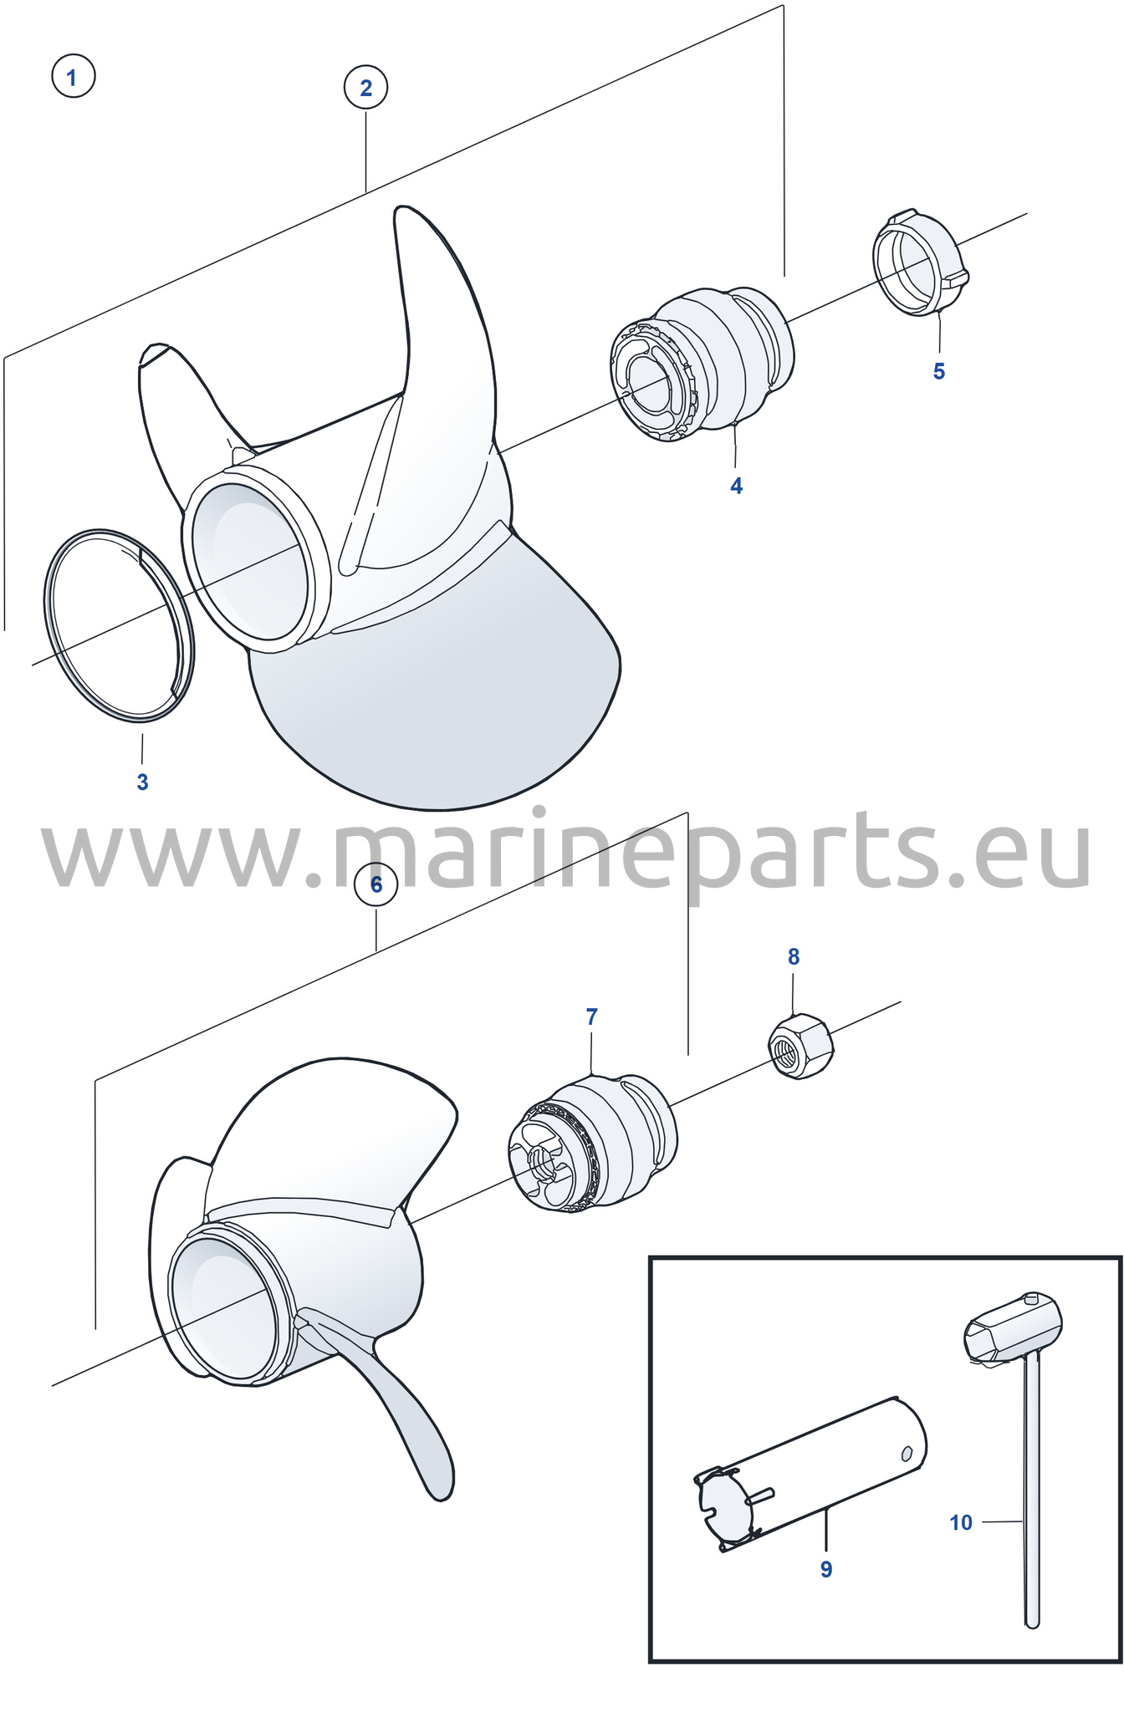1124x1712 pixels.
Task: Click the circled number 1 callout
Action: tap(73, 77)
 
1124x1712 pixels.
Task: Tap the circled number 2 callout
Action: tap(365, 88)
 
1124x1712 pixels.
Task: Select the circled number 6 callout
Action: tap(376, 884)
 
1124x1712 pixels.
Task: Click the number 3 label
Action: tap(142, 782)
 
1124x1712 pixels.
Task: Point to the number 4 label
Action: tap(736, 486)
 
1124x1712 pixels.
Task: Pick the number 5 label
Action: tap(938, 371)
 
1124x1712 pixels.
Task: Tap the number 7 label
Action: tap(591, 1016)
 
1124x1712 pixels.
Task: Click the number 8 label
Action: tap(794, 956)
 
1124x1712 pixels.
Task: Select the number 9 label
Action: tap(826, 1569)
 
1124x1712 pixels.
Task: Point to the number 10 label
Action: tap(961, 1522)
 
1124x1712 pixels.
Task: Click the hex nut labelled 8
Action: tap(800, 1046)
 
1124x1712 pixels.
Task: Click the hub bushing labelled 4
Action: tap(702, 364)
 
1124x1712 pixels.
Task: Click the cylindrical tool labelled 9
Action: tap(810, 1474)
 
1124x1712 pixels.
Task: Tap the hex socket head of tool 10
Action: tap(1013, 1328)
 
